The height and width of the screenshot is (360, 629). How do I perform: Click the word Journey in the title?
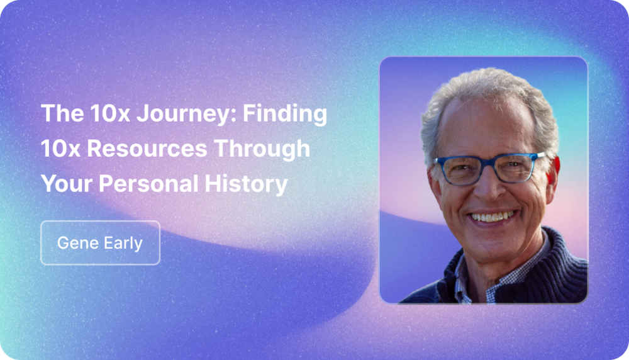tap(187, 114)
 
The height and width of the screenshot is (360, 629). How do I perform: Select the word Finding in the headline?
tap(285, 113)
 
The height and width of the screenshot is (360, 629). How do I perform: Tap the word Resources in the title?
tap(147, 149)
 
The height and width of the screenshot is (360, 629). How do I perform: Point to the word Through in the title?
tap(262, 149)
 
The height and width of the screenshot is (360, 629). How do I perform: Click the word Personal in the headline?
tap(148, 183)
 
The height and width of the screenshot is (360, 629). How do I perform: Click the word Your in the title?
tap(67, 184)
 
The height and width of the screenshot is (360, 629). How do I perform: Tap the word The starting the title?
tap(62, 113)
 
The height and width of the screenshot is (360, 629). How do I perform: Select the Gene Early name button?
tap(100, 243)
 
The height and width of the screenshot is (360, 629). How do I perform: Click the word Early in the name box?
tap(123, 243)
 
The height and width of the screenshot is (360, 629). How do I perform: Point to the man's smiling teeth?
tap(493, 217)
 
